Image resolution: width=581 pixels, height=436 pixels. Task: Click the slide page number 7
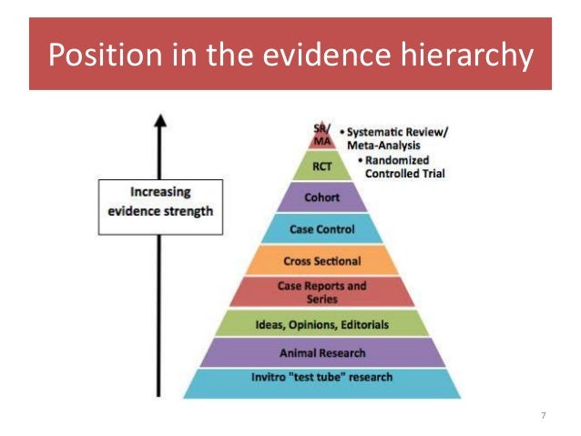[544, 416]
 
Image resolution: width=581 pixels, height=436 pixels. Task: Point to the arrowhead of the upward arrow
[160, 121]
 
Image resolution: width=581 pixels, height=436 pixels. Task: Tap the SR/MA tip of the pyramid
[321, 134]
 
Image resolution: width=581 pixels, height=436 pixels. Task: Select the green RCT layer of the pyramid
[321, 166]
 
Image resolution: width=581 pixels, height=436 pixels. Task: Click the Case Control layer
[321, 229]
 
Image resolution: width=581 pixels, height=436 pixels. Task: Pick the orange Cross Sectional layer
[321, 259]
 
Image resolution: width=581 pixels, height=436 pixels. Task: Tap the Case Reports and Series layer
[321, 291]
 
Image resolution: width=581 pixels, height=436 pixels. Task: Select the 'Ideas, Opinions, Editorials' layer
[321, 322]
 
